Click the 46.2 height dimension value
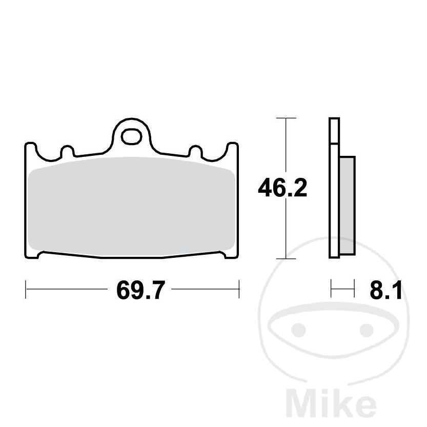282,189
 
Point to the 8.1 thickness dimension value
384,291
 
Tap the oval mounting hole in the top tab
132,136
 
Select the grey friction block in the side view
347,205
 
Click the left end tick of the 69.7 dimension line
25,289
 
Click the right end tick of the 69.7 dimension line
239,289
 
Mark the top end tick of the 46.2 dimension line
286,118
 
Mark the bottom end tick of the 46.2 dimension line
286,258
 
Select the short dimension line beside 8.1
343,288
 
